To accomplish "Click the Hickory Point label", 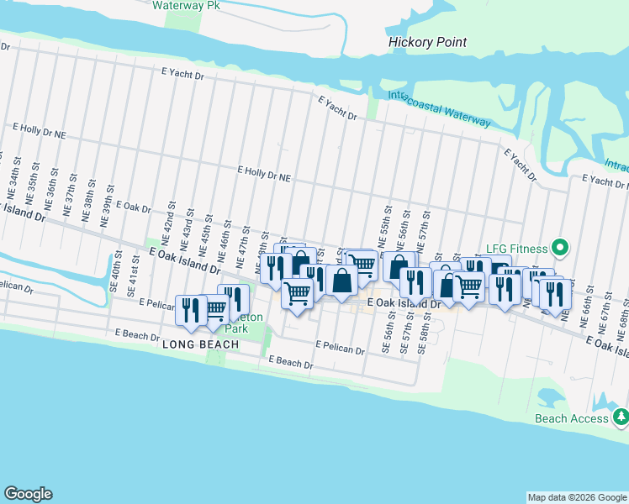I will [427, 42].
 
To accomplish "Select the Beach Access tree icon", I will [621, 417].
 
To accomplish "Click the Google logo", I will [28, 494].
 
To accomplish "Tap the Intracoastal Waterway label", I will [439, 109].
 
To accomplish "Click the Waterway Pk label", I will [180, 5].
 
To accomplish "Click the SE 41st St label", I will [132, 278].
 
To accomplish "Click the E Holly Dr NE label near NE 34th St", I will [39, 131].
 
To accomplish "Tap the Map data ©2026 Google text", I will [576, 497].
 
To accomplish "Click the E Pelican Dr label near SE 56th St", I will [341, 346].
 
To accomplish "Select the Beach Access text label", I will [571, 417].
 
